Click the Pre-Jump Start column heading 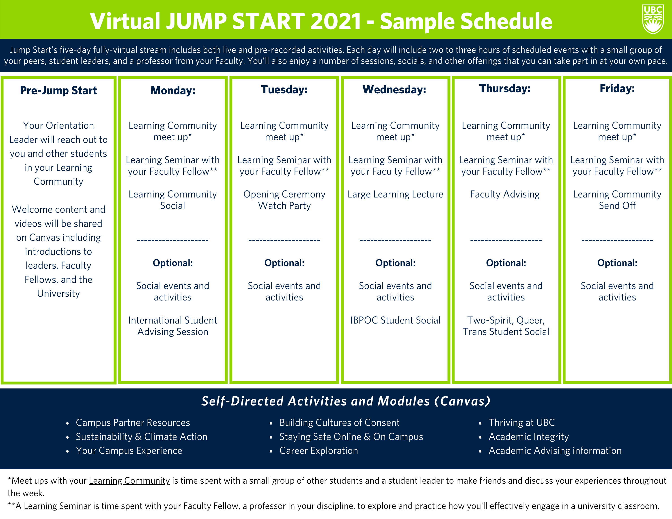click(x=58, y=90)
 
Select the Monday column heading click(x=173, y=90)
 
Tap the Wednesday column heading click(x=394, y=90)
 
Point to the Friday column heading click(x=617, y=88)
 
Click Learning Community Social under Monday click(x=173, y=200)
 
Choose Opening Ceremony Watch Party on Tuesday click(x=284, y=200)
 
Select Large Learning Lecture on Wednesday click(x=395, y=194)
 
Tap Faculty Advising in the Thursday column click(x=505, y=194)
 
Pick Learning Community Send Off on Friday click(x=617, y=200)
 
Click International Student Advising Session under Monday click(x=173, y=326)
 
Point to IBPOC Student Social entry click(x=395, y=320)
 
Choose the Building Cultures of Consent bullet click(x=339, y=423)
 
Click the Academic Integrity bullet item click(x=529, y=437)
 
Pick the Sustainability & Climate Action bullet click(x=142, y=437)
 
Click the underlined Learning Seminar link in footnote click(x=57, y=506)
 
